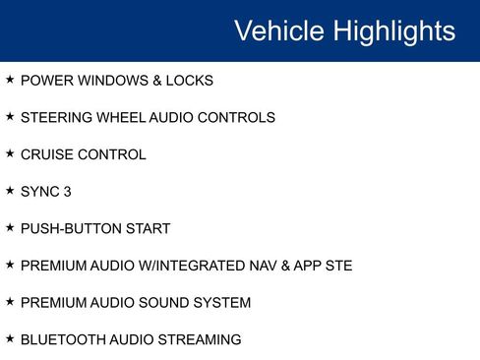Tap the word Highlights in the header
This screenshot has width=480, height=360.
[393, 30]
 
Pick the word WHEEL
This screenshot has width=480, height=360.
[120, 118]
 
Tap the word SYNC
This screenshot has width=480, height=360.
[40, 192]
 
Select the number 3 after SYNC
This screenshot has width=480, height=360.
[67, 192]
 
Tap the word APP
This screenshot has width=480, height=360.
[309, 267]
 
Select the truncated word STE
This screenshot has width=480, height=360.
[339, 267]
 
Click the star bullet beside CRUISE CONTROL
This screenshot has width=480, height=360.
[10, 153]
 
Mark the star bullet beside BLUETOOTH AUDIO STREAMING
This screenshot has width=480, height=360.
[10, 339]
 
